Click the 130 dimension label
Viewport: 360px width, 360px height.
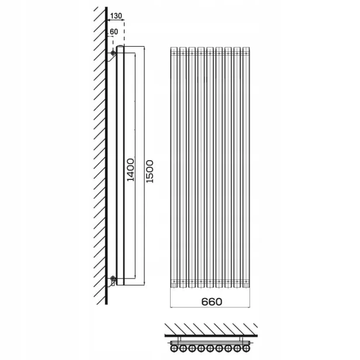[116, 16]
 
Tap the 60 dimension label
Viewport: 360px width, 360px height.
[114, 32]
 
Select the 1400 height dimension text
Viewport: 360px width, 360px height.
[131, 170]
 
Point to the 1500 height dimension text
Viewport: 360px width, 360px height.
[150, 171]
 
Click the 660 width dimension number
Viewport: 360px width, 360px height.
[212, 302]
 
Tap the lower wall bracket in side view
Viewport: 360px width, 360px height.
[112, 281]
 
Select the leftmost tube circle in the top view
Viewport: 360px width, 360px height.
[174, 348]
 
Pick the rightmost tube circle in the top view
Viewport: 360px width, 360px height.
[246, 348]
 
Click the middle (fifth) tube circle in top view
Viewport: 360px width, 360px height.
[210, 348]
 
